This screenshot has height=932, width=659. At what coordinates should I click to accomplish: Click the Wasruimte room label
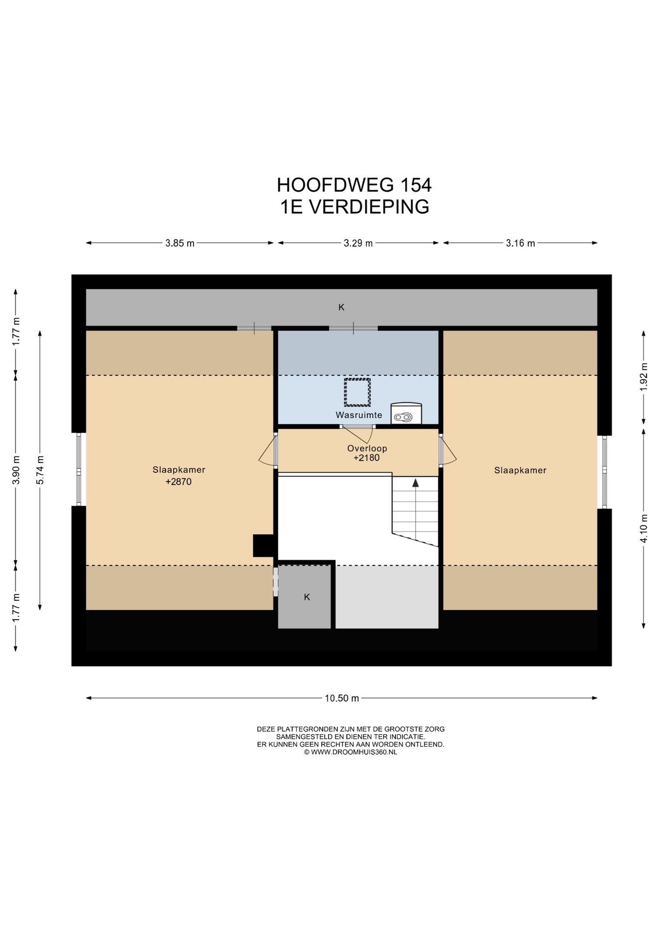(x=359, y=415)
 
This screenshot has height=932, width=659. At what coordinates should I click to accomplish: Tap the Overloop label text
(x=367, y=449)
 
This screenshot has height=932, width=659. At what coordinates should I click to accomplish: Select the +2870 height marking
(x=179, y=482)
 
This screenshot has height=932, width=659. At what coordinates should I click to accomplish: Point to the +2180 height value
(x=366, y=458)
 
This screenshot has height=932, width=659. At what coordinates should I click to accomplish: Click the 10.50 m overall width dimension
(x=342, y=698)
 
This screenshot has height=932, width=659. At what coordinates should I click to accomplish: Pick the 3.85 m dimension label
(x=180, y=243)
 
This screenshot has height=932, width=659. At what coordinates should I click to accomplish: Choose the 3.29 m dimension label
(x=358, y=243)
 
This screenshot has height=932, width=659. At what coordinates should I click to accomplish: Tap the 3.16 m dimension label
(x=520, y=243)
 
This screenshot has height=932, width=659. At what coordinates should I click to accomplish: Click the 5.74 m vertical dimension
(x=40, y=470)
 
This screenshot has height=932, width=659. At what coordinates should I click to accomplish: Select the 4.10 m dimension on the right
(x=644, y=528)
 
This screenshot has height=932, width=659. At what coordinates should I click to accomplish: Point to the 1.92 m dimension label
(x=644, y=376)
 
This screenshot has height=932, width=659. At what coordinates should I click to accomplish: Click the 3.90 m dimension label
(x=16, y=470)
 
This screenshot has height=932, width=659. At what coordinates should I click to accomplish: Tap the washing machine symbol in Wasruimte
(x=406, y=413)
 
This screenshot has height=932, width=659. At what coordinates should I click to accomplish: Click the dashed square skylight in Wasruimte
(x=357, y=392)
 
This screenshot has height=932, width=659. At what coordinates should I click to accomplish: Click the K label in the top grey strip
(x=341, y=307)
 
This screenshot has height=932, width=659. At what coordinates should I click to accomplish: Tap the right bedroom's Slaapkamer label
(x=520, y=470)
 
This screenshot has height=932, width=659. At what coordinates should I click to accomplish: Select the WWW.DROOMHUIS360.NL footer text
(x=350, y=752)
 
